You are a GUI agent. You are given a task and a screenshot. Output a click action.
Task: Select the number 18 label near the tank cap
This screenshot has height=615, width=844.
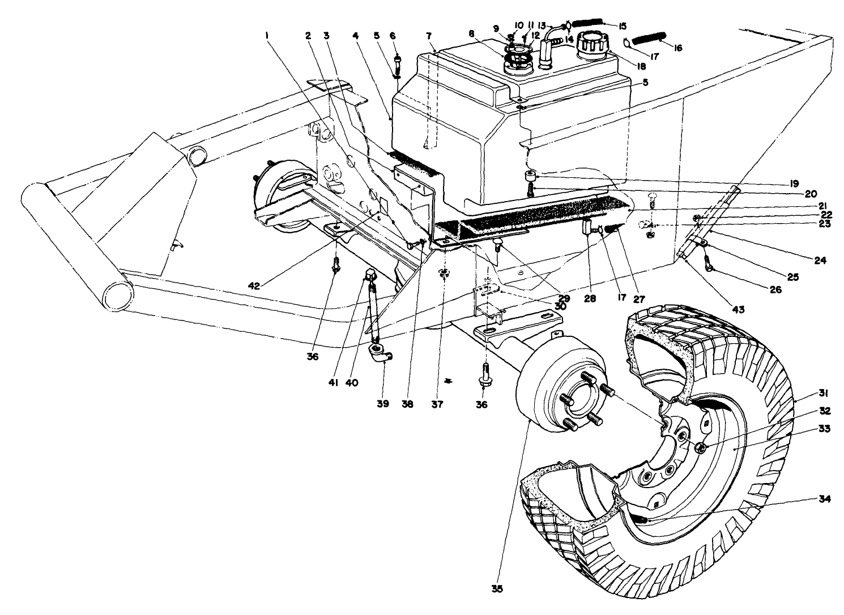click(641, 66)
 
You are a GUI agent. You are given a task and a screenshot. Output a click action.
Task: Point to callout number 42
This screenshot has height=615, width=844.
click(254, 287)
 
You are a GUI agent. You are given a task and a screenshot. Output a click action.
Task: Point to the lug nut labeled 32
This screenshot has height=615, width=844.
click(699, 448)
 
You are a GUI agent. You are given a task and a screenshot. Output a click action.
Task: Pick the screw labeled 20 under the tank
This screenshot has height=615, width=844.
click(531, 191)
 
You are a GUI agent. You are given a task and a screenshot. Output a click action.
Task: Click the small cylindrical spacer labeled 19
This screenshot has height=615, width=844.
click(532, 173)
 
